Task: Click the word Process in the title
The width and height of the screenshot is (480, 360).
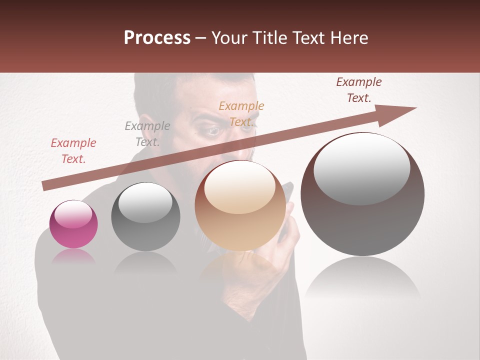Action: (x=157, y=37)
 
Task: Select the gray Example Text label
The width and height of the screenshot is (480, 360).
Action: (x=147, y=134)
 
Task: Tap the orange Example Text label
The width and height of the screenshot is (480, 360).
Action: (x=241, y=114)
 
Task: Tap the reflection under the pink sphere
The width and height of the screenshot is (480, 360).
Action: (x=73, y=257)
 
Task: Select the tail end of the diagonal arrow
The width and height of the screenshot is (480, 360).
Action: (x=47, y=185)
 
